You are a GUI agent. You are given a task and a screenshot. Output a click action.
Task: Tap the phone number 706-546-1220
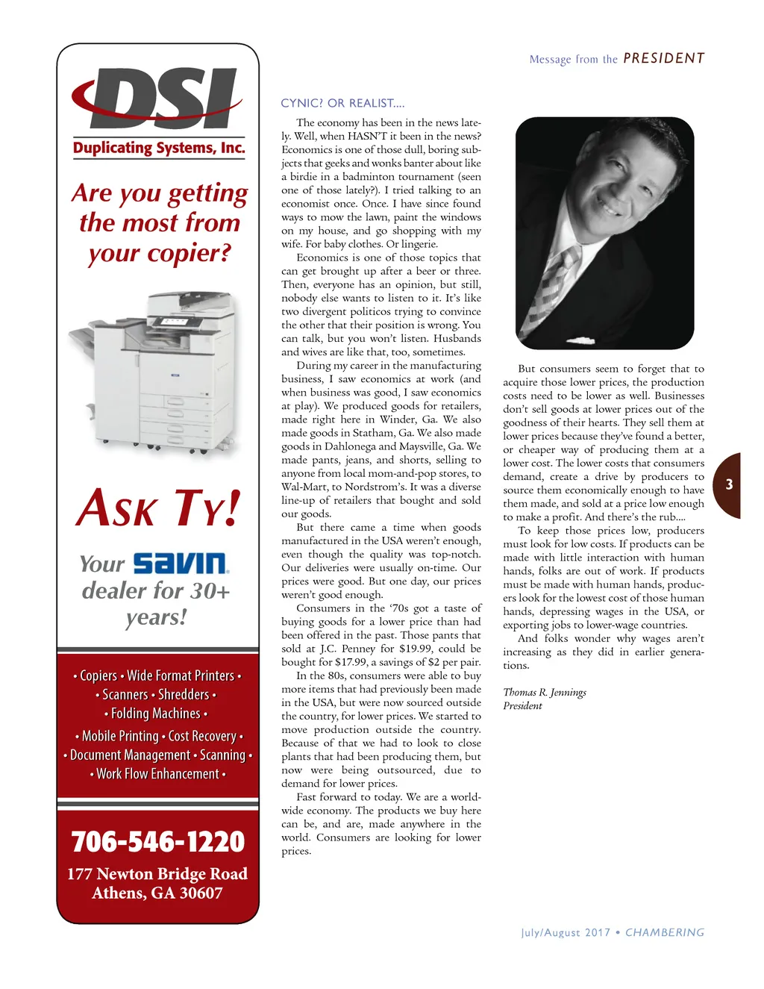point(158,842)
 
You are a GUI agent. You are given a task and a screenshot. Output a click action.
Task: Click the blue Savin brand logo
point(181,564)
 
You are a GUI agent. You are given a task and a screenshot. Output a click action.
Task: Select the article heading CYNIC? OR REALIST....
point(342,103)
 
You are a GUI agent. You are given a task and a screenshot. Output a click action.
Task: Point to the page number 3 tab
point(728,485)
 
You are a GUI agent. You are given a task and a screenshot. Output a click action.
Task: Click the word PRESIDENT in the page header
point(663,58)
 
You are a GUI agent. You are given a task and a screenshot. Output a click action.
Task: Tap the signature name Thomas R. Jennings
point(545,693)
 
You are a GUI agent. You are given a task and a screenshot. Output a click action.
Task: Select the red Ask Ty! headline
point(158,509)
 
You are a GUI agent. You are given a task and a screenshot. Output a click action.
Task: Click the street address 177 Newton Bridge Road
point(157,874)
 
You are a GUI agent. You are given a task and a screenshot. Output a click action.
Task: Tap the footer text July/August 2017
point(565,932)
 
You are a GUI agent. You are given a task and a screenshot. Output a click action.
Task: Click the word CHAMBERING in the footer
point(665,932)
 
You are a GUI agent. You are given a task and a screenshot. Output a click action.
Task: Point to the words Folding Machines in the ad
point(155,714)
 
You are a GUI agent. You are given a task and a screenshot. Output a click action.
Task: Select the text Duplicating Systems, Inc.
point(159,148)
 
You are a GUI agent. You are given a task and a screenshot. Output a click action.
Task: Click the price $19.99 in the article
point(419,649)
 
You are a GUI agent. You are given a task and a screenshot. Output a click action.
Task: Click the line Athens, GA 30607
point(157,893)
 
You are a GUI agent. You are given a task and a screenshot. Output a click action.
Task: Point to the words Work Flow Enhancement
point(157,774)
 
